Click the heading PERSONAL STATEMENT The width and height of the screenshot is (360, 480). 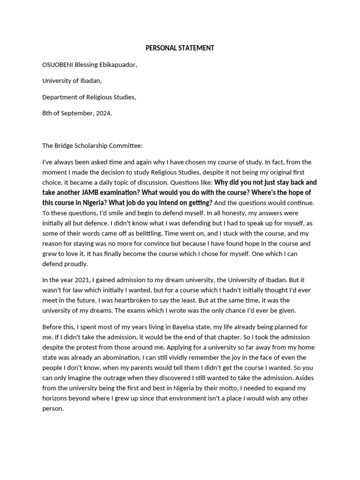[180, 48]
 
